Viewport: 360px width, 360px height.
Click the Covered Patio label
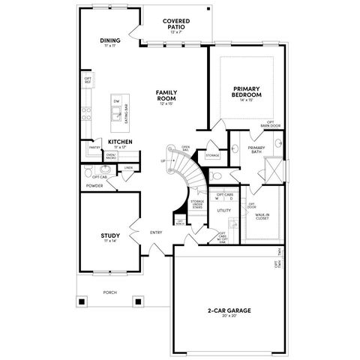tap(177, 23)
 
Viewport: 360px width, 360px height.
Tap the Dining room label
tap(110, 42)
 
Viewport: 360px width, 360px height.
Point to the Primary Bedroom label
tap(246, 92)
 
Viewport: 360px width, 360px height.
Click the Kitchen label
tap(121, 142)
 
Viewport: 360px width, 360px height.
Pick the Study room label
tap(109, 236)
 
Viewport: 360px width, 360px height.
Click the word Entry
tap(156, 232)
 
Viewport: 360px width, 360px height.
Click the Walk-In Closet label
tap(262, 217)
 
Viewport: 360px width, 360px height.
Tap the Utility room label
tap(223, 211)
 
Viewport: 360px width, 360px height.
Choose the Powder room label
tap(94, 185)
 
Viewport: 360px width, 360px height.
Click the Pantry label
tap(94, 148)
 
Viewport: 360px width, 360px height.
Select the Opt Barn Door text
tap(271, 124)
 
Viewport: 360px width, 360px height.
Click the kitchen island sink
tap(117, 113)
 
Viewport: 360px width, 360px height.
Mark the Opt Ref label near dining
tap(88, 79)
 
